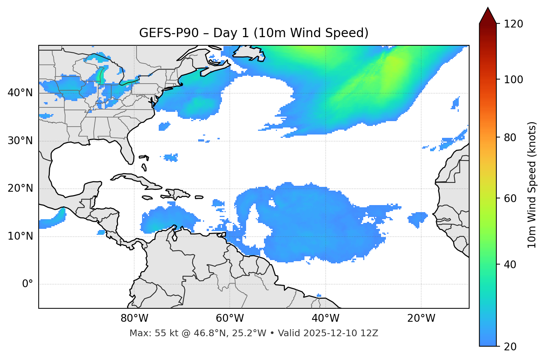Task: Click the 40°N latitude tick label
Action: [x=20, y=93]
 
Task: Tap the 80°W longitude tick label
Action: [x=134, y=318]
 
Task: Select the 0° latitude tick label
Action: [x=27, y=284]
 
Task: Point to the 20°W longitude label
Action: [x=421, y=318]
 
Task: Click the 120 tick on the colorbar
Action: [x=513, y=24]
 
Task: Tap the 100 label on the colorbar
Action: [x=513, y=80]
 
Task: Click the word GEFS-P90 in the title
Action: [x=169, y=33]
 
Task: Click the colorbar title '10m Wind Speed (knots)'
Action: [x=532, y=185]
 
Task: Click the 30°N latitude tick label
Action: [x=20, y=141]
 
